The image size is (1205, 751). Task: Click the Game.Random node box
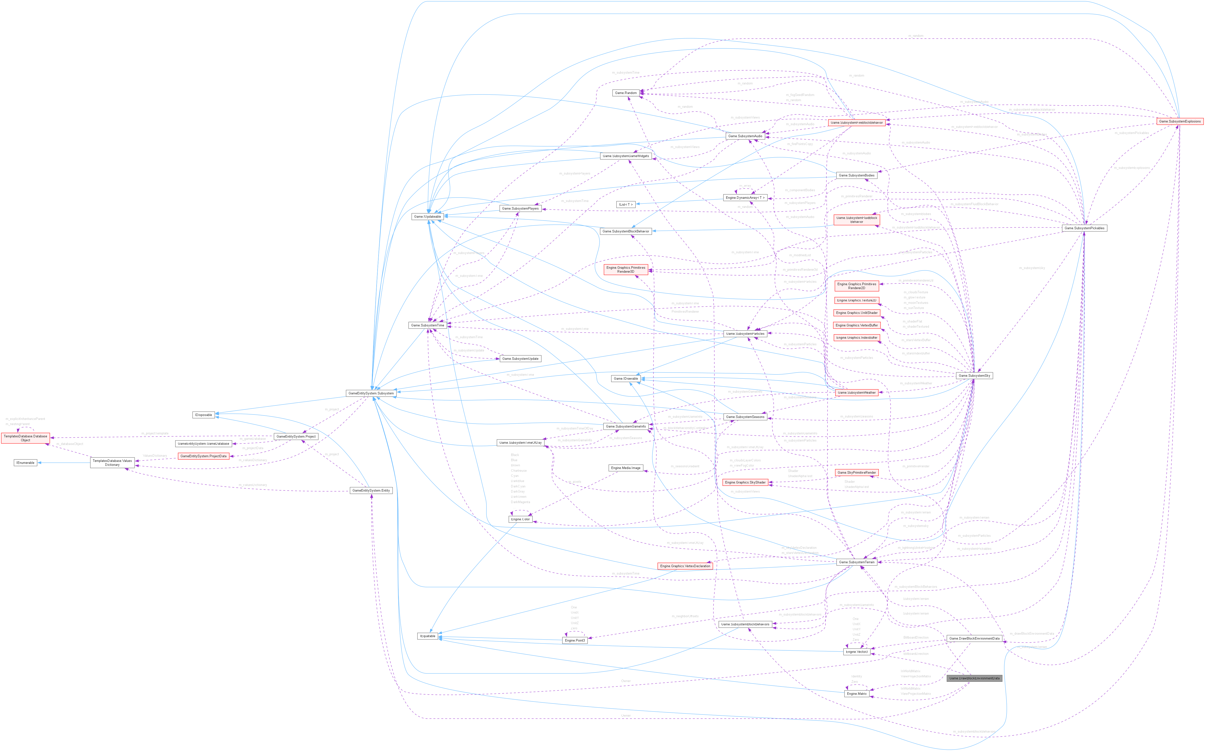point(626,93)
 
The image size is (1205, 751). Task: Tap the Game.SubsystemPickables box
point(1084,228)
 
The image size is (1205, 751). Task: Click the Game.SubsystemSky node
point(974,375)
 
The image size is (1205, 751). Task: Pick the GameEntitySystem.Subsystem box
point(371,393)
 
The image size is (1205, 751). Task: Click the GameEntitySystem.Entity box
point(371,491)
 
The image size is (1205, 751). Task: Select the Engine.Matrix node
point(857,694)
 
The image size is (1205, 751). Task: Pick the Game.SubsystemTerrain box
point(857,562)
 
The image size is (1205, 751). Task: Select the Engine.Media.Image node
point(626,468)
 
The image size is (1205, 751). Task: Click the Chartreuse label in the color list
point(519,470)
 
